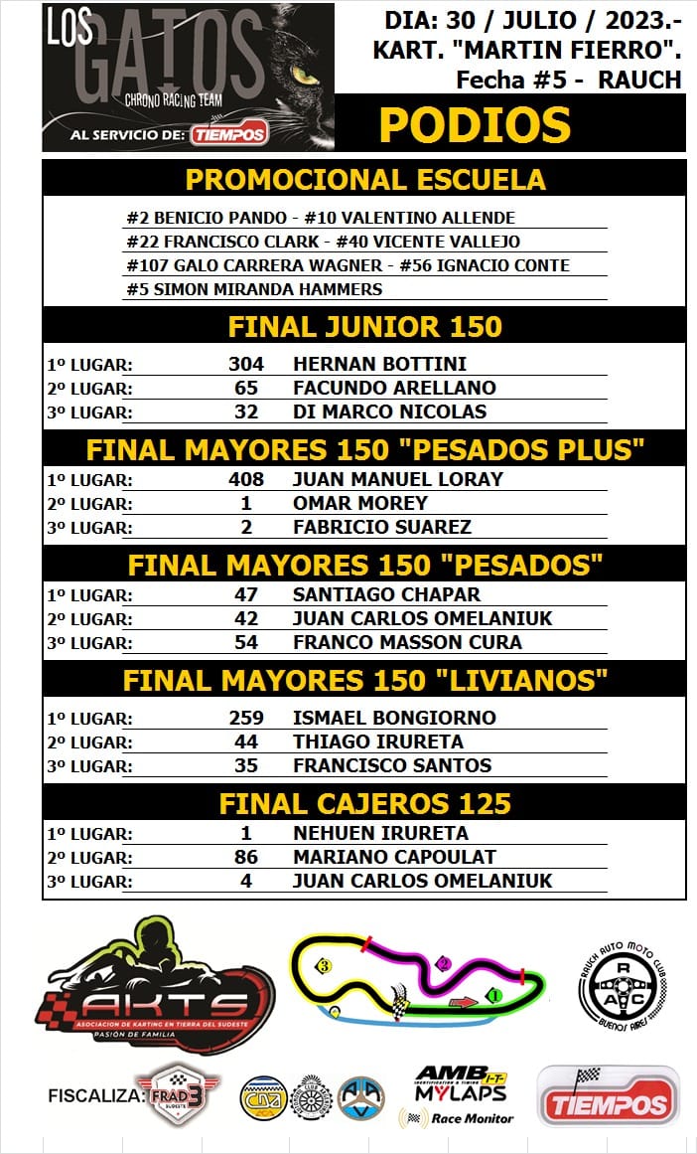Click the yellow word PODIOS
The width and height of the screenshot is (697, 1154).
pyautogui.click(x=475, y=125)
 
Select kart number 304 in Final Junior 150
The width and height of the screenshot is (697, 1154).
pyautogui.click(x=245, y=364)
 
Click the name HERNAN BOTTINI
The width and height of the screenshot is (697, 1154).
pyautogui.click(x=379, y=364)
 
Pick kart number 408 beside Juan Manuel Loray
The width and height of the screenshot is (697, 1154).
pyautogui.click(x=245, y=479)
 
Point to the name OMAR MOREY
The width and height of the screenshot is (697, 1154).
pyautogui.click(x=360, y=503)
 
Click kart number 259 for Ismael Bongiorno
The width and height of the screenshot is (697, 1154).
pyautogui.click(x=245, y=718)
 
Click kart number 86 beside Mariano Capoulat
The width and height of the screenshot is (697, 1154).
pyautogui.click(x=245, y=857)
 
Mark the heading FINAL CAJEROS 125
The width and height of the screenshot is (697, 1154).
pyautogui.click(x=364, y=802)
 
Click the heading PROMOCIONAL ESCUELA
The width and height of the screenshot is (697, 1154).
pyautogui.click(x=364, y=180)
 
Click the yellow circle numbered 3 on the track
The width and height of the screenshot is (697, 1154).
pyautogui.click(x=323, y=965)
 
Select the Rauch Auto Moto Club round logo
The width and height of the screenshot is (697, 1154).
pyautogui.click(x=623, y=983)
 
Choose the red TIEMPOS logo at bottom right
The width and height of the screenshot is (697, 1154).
pyautogui.click(x=608, y=1096)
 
